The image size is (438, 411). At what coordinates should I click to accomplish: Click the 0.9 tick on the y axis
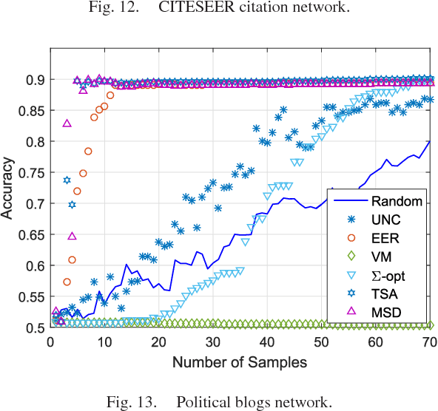pyautogui.click(x=36, y=80)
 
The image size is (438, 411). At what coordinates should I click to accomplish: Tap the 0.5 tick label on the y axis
pyautogui.click(x=36, y=327)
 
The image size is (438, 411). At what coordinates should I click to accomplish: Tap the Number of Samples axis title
pyautogui.click(x=240, y=362)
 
